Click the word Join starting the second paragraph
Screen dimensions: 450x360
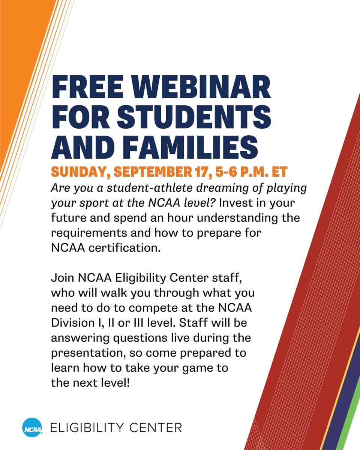62,279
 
